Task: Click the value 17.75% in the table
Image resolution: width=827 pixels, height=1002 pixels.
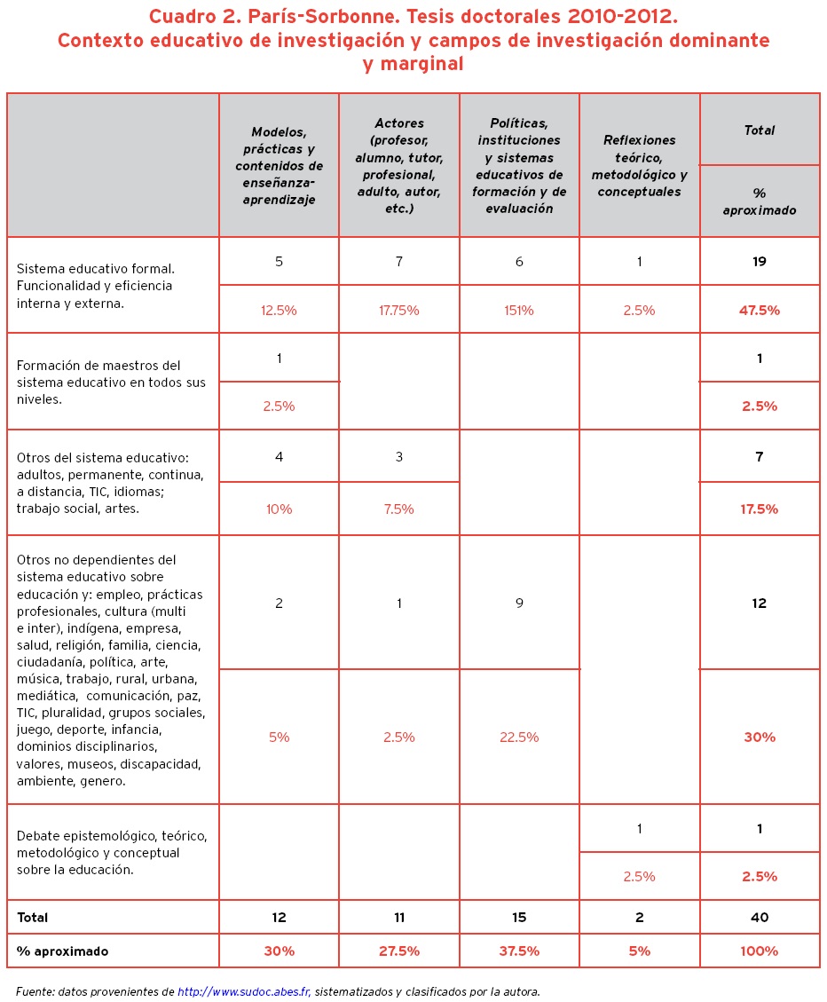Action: coord(398,311)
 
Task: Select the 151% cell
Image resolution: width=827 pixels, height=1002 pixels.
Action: coord(519,311)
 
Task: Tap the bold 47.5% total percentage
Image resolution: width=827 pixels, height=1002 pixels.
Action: coord(760,311)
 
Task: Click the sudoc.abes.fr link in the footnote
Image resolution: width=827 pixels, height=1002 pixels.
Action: coord(244,990)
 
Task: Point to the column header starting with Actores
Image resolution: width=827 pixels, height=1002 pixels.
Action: coord(399,166)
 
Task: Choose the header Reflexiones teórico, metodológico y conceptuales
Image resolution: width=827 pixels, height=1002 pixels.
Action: coord(639,166)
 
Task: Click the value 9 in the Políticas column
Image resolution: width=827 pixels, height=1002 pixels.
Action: coord(519,604)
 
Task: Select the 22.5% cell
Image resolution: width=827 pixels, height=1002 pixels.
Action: coord(519,737)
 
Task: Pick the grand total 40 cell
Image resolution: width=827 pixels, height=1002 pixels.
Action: coord(760,918)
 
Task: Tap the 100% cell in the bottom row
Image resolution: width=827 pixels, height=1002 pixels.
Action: coord(760,951)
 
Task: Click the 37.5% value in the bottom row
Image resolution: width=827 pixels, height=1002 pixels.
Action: coord(519,951)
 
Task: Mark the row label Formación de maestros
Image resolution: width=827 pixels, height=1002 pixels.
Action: coord(111,383)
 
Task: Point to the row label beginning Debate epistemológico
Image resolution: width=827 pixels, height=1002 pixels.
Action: coord(111,853)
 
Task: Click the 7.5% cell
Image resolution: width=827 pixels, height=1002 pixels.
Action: coord(398,509)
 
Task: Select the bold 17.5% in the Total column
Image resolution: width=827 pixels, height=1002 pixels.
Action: coord(760,509)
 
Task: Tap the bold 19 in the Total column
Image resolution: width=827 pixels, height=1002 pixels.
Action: coord(760,262)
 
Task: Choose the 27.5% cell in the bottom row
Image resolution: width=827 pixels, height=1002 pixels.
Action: coord(398,951)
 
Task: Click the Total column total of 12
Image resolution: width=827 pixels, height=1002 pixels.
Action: coord(760,604)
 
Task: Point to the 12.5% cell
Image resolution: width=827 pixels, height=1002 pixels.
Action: coord(279,311)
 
